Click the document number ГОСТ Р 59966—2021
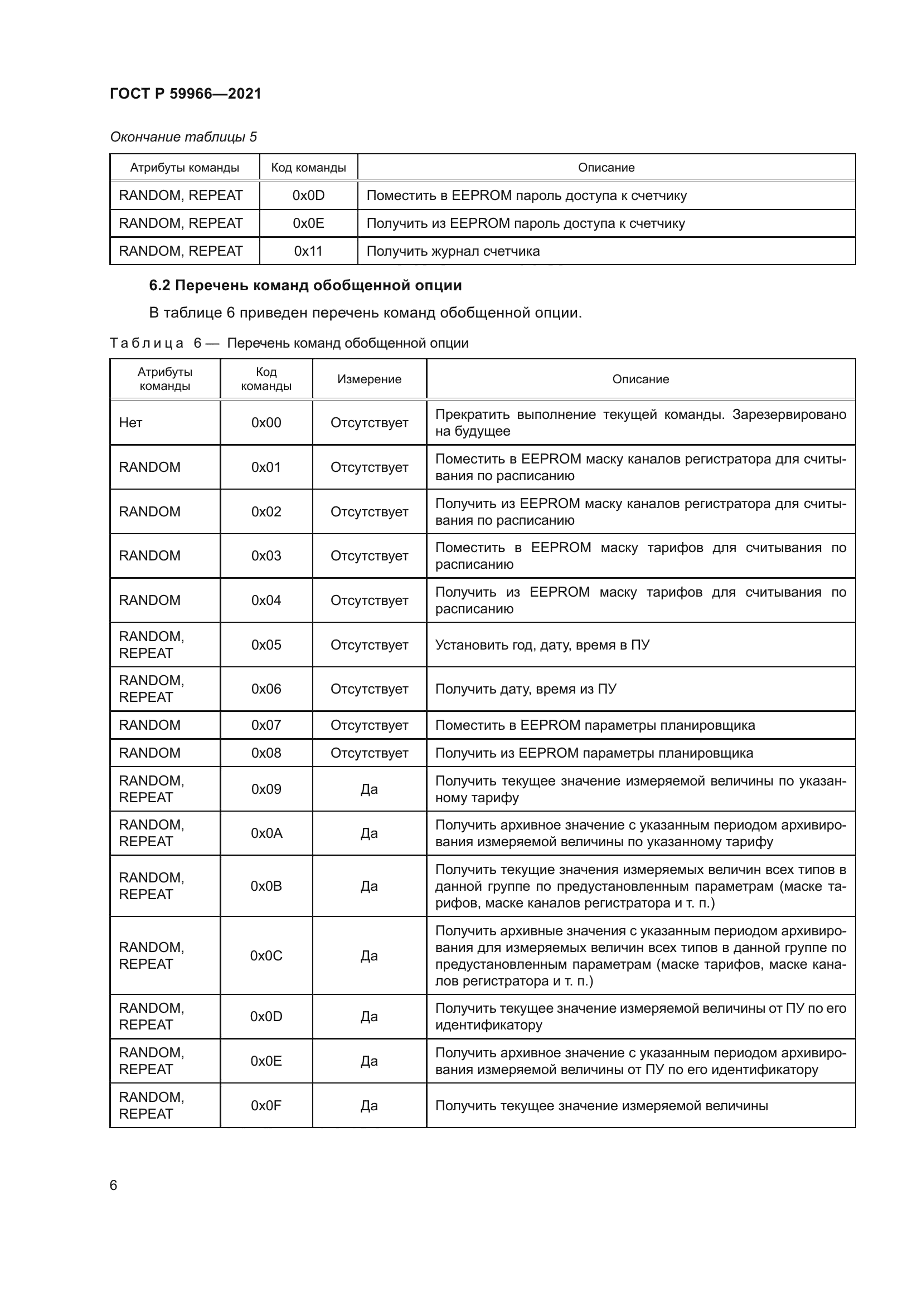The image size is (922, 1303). [x=185, y=94]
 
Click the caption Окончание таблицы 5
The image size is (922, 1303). [x=183, y=137]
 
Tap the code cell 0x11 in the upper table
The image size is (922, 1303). [x=308, y=251]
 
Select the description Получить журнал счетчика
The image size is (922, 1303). [x=453, y=251]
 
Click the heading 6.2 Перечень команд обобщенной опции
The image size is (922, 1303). [x=305, y=285]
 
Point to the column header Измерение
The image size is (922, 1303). [x=369, y=379]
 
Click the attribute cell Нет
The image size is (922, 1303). [x=130, y=423]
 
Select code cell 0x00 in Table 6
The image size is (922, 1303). [x=266, y=423]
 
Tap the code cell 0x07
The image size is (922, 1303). [x=266, y=725]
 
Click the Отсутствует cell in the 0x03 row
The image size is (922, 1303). [x=369, y=556]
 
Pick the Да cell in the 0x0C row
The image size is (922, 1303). [x=369, y=956]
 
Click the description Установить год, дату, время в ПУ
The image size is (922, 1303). [x=542, y=645]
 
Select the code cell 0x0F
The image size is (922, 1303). [x=266, y=1105]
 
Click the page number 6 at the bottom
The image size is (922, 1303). [x=114, y=1185]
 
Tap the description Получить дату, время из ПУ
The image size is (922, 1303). [x=526, y=689]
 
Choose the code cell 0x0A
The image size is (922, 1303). [x=266, y=833]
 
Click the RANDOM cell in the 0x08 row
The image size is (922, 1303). [x=149, y=753]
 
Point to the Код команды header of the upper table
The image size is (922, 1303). [x=308, y=168]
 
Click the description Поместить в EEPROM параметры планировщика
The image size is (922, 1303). [x=594, y=725]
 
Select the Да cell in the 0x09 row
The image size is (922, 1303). [x=369, y=789]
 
